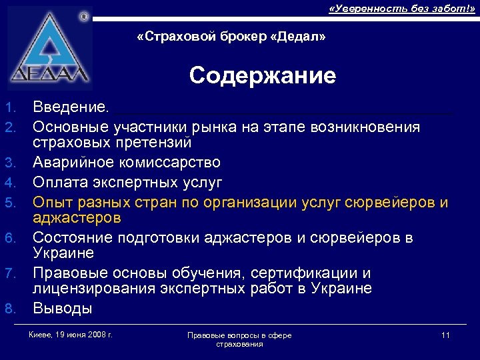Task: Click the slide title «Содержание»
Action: (262, 76)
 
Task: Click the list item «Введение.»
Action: (74, 107)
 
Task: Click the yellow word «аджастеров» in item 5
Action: (77, 218)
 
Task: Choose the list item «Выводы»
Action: (63, 309)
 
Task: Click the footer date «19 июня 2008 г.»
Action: (82, 334)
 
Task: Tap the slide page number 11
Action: (445, 335)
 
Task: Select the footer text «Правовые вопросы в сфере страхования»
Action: (239, 339)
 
